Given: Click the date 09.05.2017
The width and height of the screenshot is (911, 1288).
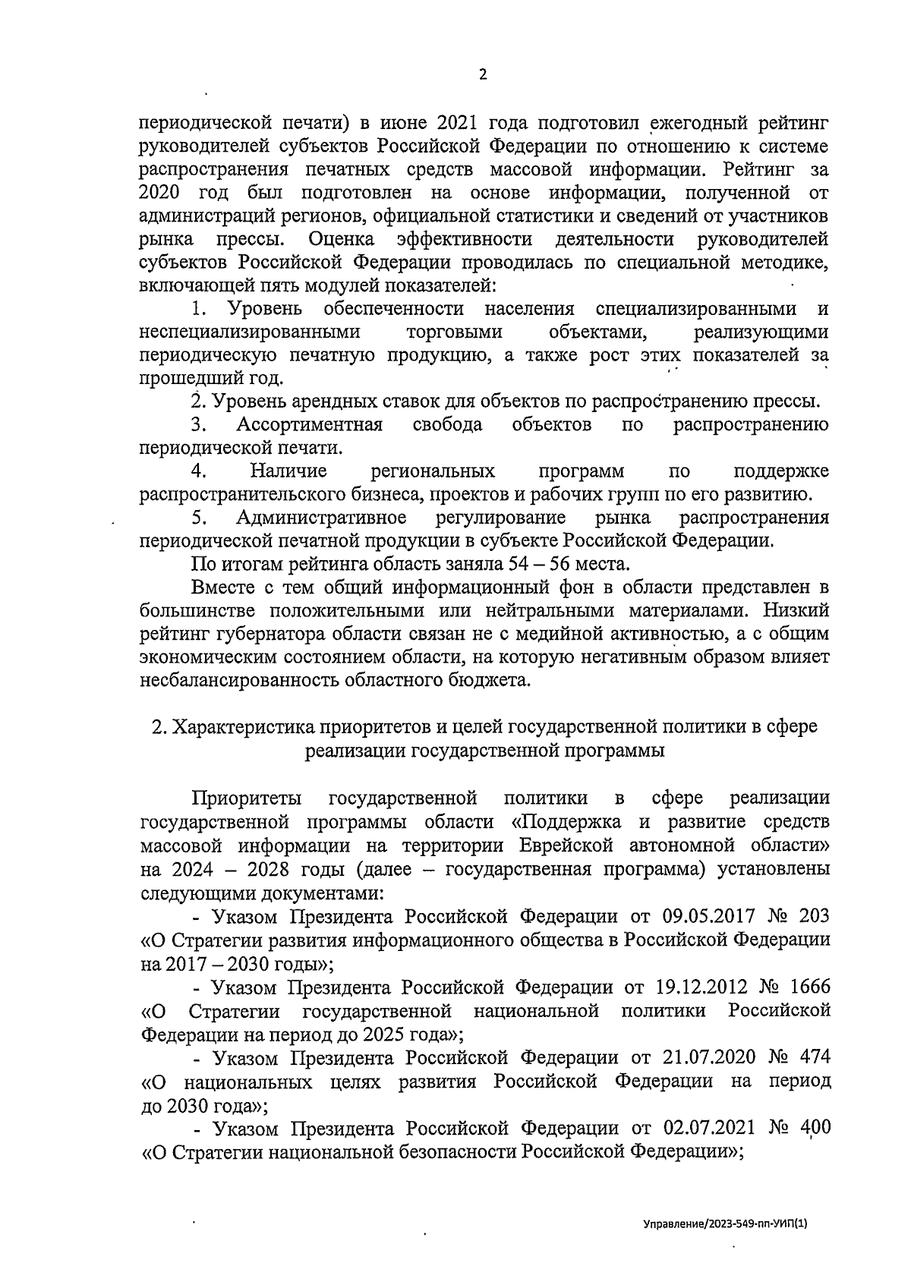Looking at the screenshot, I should [x=705, y=916].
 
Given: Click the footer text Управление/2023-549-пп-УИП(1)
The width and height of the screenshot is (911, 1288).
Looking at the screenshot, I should [x=725, y=1224].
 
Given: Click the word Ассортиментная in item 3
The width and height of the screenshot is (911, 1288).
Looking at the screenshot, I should [x=309, y=424].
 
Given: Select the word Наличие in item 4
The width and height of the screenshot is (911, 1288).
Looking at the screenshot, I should [x=288, y=471].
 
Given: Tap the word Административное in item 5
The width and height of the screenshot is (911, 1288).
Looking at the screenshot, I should [x=321, y=518].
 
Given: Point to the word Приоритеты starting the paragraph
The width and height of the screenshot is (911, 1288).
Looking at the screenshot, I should [x=247, y=798].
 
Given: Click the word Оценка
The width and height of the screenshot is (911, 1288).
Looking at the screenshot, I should [x=342, y=240].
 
